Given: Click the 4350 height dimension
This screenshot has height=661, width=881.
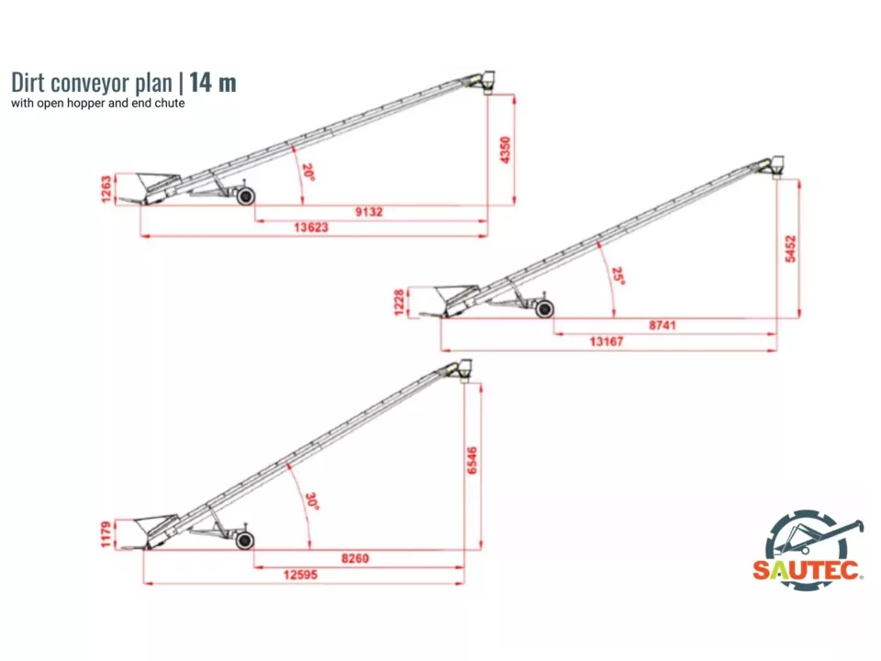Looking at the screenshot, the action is [505, 150].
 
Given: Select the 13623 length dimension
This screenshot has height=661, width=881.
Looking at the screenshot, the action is [311, 228].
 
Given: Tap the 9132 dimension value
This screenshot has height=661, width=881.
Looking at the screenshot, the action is [369, 212].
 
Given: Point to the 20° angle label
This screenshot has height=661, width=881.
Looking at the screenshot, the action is [308, 172].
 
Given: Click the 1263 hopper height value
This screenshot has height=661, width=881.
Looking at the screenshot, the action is [106, 189].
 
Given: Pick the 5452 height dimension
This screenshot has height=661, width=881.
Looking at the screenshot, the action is [790, 249].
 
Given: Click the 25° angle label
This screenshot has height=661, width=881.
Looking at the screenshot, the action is [618, 276].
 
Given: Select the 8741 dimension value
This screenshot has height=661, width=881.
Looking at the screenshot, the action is [663, 325].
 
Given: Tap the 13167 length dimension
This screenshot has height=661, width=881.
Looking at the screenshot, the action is [607, 342].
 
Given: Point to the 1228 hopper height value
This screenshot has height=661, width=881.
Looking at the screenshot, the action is [399, 303].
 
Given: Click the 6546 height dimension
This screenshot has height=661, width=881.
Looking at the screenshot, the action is [473, 460].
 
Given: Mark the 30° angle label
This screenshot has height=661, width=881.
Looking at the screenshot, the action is [312, 501].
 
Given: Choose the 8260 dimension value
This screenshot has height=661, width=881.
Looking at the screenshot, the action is [355, 558].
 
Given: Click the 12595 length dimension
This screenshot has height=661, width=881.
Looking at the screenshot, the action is [301, 575].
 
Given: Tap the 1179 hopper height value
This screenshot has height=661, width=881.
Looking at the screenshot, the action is [106, 534].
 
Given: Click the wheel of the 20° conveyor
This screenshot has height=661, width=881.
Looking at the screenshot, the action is [246, 196].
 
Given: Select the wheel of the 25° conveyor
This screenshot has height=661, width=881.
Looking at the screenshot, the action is [544, 308].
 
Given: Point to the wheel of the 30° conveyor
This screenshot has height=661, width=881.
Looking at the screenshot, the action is [244, 541].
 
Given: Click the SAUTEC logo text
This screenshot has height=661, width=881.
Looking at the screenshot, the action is [807, 570].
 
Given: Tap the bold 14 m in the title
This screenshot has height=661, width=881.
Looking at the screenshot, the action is [212, 82].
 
